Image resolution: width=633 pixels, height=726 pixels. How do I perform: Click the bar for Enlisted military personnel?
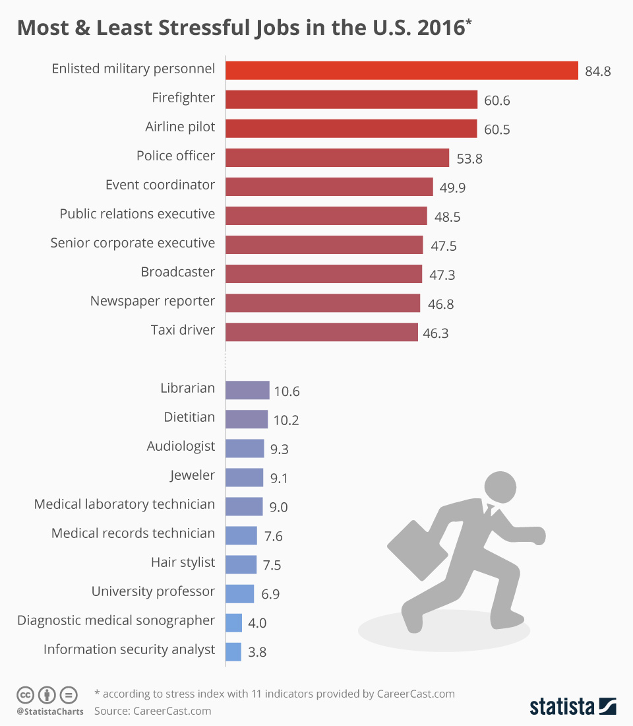pyautogui.click(x=402, y=70)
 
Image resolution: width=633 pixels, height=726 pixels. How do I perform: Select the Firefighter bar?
pyautogui.click(x=351, y=100)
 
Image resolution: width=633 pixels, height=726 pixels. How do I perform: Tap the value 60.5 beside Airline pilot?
pyautogui.click(x=497, y=129)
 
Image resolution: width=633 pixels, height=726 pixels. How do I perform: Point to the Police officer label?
pyautogui.click(x=175, y=156)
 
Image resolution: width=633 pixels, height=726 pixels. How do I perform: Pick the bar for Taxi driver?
pyautogui.click(x=322, y=332)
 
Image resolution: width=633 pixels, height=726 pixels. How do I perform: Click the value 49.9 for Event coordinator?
pyautogui.click(x=452, y=188)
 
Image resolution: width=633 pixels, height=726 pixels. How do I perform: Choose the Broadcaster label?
pyautogui.click(x=177, y=272)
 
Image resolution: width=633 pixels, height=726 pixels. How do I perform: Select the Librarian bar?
pyautogui.click(x=247, y=390)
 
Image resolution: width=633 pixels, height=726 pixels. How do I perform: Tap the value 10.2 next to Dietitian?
pyautogui.click(x=286, y=420)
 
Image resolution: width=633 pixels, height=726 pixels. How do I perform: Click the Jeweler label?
pyautogui.click(x=192, y=475)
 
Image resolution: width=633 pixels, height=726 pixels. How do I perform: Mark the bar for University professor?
pyautogui.click(x=239, y=593)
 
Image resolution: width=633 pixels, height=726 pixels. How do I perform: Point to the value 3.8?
pyautogui.click(x=258, y=652)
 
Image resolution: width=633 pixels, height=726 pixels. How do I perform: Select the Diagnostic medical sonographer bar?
pyautogui.click(x=233, y=622)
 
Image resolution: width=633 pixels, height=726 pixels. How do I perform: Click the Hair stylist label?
pyautogui.click(x=183, y=562)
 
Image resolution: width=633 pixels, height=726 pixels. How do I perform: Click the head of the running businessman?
pyautogui.click(x=501, y=487)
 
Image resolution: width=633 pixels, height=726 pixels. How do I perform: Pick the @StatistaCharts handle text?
pyautogui.click(x=50, y=711)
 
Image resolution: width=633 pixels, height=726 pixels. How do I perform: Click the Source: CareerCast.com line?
pyautogui.click(x=152, y=711)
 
